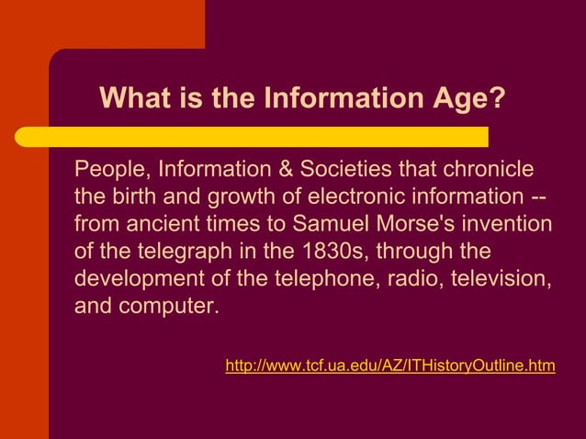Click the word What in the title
[130, 97]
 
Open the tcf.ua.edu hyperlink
[389, 366]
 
